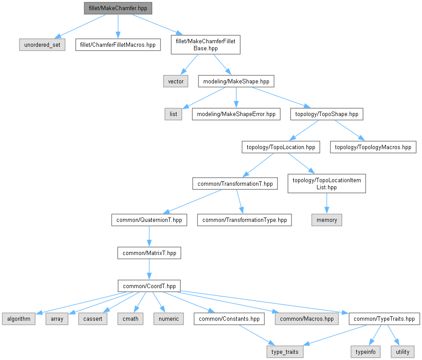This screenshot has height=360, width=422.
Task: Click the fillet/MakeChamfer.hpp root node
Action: click(118, 8)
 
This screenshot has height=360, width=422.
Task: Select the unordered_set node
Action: click(42, 45)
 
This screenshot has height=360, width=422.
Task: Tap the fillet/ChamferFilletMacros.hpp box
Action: click(118, 45)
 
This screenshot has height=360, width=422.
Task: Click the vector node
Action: click(176, 81)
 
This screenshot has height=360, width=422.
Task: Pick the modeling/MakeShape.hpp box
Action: click(236, 81)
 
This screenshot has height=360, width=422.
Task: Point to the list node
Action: click(173, 114)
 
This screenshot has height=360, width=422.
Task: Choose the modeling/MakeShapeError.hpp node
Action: click(236, 114)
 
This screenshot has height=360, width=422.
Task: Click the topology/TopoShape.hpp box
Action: click(327, 114)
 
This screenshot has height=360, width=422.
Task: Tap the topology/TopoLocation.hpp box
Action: click(281, 147)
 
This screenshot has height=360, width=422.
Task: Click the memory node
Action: click(327, 220)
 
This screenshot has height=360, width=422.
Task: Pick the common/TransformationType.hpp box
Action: click(244, 220)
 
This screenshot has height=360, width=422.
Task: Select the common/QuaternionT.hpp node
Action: click(149, 220)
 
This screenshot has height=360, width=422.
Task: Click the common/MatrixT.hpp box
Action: click(149, 253)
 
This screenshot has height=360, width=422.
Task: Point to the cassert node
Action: click(93, 319)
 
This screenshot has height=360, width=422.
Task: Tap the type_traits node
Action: click(285, 352)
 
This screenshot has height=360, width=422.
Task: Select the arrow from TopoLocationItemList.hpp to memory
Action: click(327, 203)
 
